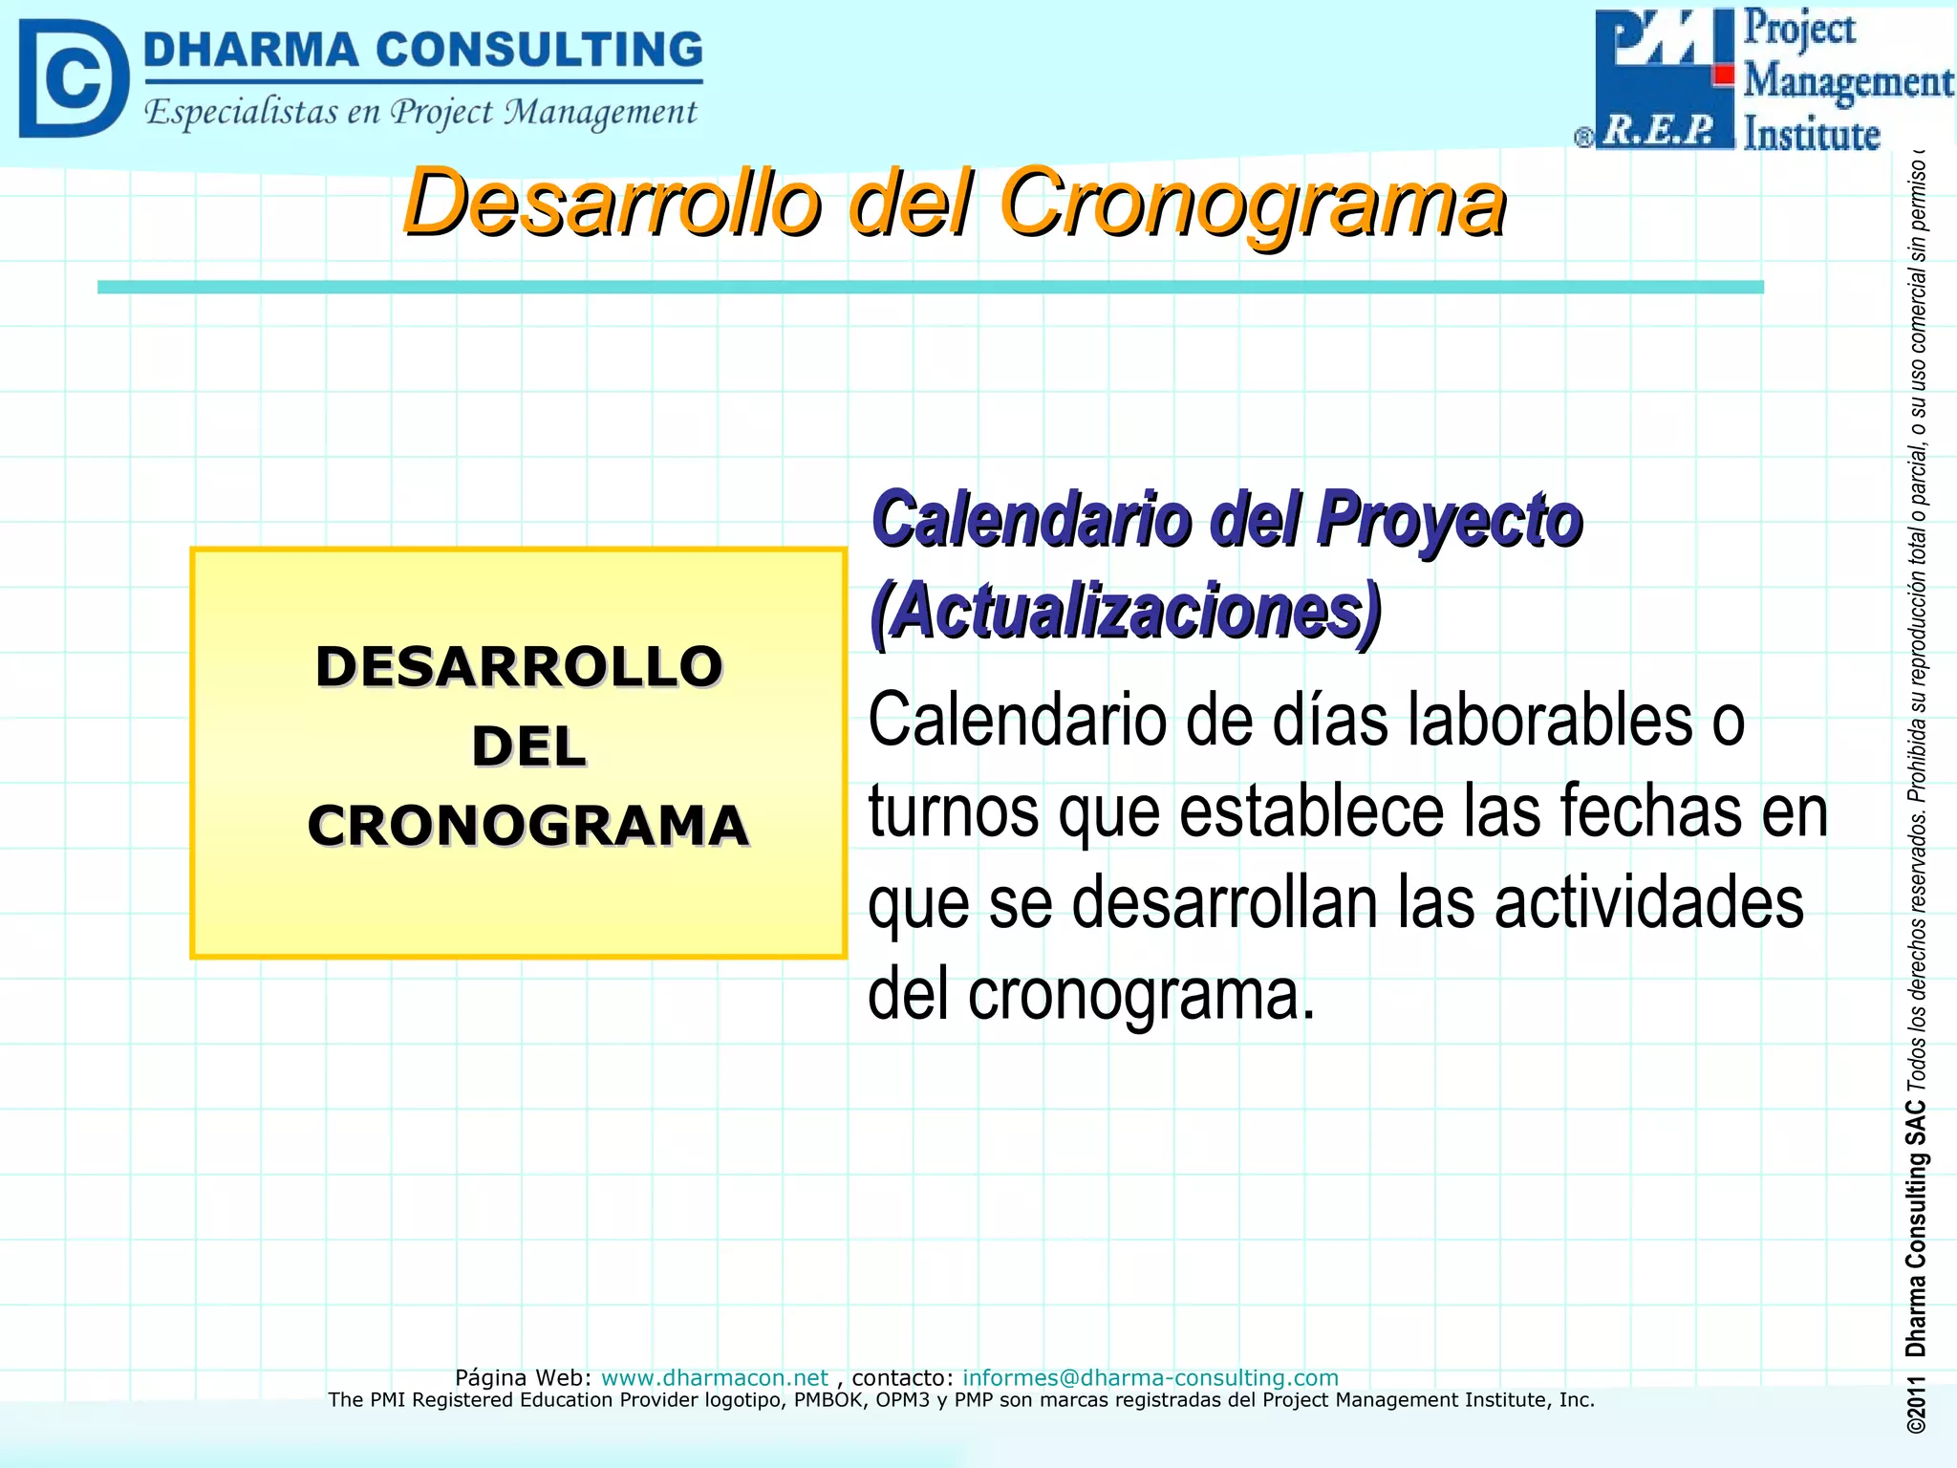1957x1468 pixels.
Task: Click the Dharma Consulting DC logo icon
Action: [x=73, y=78]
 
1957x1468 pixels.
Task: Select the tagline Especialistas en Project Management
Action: [x=420, y=113]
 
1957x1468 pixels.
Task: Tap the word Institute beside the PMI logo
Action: [x=1812, y=134]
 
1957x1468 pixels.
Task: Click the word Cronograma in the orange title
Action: [x=1252, y=203]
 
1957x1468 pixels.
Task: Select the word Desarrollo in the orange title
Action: [x=612, y=203]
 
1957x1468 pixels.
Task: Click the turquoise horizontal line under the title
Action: [x=930, y=287]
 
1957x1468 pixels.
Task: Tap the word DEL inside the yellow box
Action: [x=528, y=746]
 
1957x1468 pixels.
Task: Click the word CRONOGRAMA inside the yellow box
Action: [x=527, y=826]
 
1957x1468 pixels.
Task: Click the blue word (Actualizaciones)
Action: [x=1126, y=612]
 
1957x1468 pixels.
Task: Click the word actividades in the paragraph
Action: [x=1649, y=903]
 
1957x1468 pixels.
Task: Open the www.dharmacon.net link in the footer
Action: [x=714, y=1377]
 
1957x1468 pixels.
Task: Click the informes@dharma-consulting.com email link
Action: [x=1150, y=1377]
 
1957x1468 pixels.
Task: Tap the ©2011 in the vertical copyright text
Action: [x=1915, y=1404]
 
